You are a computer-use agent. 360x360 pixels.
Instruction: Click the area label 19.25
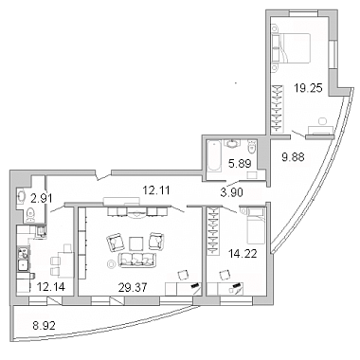pos(308,88)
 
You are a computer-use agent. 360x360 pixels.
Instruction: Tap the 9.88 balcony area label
pos(293,156)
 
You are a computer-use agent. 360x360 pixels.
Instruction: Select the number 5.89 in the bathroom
pos(240,163)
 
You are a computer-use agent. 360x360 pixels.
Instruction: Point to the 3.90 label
pos(232,192)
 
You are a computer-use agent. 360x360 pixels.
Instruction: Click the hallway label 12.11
pos(156,190)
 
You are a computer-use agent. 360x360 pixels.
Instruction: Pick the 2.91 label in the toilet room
pos(42,199)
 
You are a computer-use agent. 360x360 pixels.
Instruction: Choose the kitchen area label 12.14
pos(51,286)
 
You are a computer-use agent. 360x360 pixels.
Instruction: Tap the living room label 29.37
pos(133,287)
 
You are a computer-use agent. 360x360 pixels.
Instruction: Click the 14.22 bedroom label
pos(243,253)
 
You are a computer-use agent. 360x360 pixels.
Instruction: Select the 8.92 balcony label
pos(44,325)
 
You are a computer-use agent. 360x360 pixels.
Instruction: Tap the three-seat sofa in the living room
pos(136,260)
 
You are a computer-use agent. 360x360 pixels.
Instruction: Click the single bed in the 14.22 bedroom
pos(256,225)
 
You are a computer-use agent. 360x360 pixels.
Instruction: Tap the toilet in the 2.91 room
pos(30,214)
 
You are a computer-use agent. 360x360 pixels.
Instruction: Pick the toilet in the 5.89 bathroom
pos(252,146)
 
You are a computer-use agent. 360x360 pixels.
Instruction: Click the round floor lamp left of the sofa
pos(111,263)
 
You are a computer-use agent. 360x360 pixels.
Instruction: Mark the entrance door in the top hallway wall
pos(103,175)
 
